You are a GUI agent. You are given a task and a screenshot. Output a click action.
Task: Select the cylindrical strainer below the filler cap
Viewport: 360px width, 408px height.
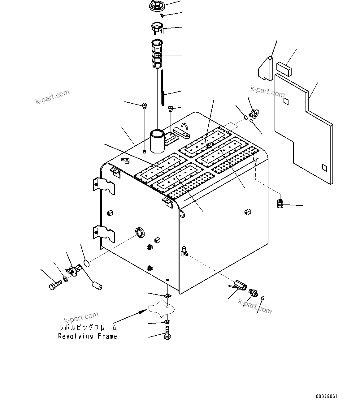(x=157, y=54)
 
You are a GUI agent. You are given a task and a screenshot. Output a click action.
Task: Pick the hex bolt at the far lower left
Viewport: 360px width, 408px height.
(x=54, y=285)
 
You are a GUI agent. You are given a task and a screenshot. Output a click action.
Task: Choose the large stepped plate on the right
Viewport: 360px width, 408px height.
(x=303, y=130)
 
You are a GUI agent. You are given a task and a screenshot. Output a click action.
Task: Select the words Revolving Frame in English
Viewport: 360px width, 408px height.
(x=88, y=336)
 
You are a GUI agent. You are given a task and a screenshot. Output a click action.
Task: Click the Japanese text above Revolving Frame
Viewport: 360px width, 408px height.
(x=88, y=328)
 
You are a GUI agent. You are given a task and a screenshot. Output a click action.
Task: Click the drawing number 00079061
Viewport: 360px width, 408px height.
(x=327, y=396)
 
